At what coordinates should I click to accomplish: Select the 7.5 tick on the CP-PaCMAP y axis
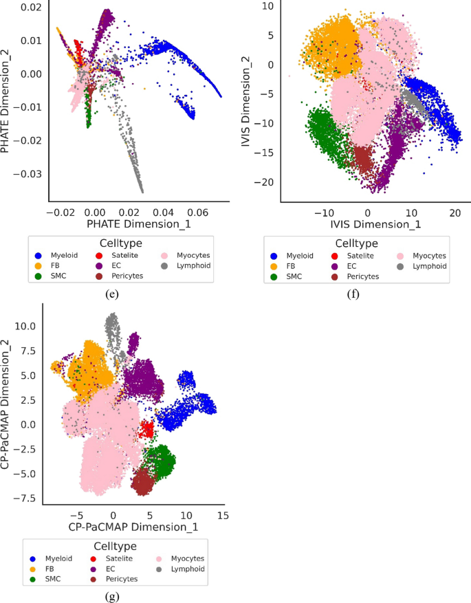click(26, 351)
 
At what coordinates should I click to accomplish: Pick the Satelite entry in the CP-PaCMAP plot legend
click(116, 558)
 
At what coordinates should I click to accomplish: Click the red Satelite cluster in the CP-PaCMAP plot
click(146, 430)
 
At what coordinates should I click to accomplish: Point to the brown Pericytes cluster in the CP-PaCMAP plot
click(142, 481)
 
